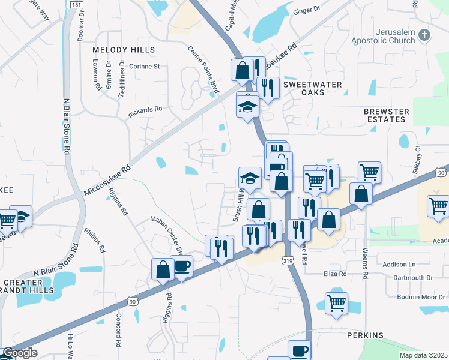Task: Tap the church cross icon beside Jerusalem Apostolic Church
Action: (x=425, y=35)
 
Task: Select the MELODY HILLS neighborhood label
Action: (x=124, y=50)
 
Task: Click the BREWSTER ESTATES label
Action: (x=387, y=115)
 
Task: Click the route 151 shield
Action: (x=76, y=5)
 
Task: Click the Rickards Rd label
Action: (x=145, y=110)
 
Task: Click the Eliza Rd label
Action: (x=334, y=274)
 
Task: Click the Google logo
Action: (x=19, y=353)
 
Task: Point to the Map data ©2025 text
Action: (x=424, y=355)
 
